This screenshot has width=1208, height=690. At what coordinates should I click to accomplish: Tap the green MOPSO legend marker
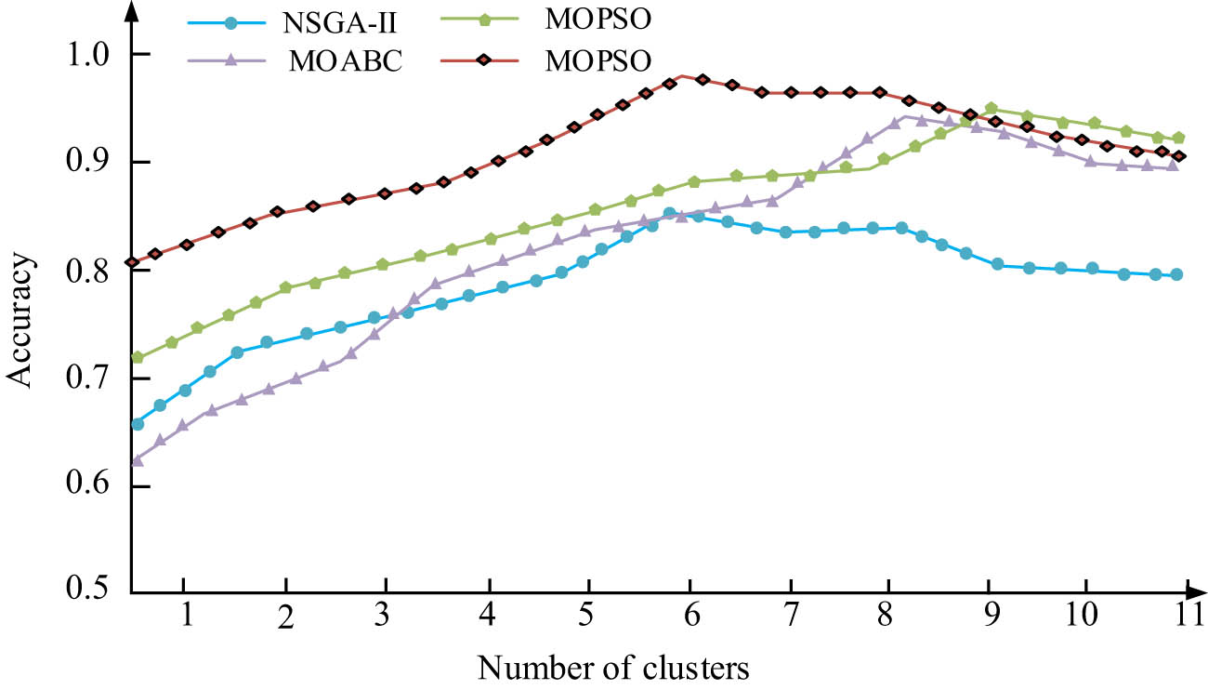(491, 20)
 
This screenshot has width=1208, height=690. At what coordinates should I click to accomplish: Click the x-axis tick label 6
(689, 617)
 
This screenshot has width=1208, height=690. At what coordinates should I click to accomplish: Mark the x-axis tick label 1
(185, 617)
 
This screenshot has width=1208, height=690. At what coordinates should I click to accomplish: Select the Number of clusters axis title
(613, 666)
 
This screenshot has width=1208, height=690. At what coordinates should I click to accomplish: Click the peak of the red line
(683, 75)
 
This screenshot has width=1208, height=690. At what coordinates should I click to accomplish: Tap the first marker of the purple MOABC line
(138, 459)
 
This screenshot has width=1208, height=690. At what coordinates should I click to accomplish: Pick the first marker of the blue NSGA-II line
(138, 424)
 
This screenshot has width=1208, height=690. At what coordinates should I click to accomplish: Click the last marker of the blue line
(1177, 274)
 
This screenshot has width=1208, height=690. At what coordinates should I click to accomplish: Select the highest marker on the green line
(991, 109)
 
